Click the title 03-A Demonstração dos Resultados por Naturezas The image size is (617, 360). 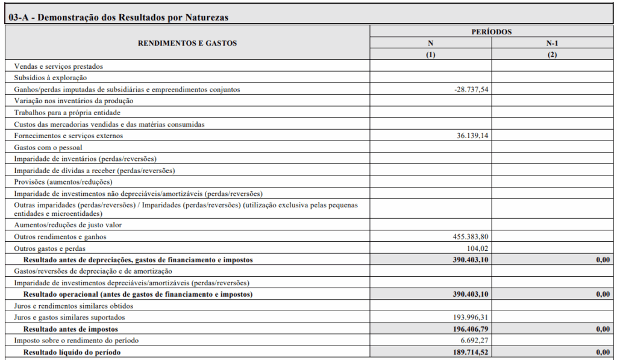(119, 17)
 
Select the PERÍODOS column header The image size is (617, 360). (492, 31)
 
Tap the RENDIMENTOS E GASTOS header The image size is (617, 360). (187, 43)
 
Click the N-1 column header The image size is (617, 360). (553, 43)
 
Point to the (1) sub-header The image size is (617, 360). (430, 54)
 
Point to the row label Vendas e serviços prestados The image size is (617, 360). (58, 66)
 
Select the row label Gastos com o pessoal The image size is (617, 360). (48, 147)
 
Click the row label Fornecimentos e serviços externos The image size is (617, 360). (69, 136)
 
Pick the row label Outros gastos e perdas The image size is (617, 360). (50, 248)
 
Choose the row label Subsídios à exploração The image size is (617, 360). (51, 78)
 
